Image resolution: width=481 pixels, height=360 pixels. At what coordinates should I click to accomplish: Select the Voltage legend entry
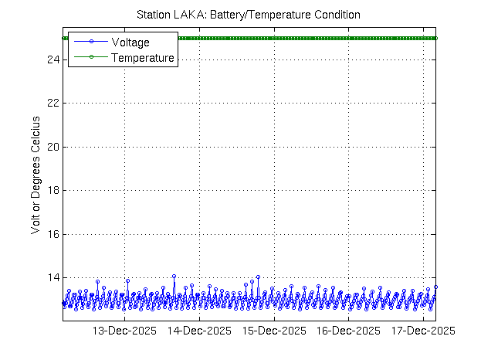point(130,42)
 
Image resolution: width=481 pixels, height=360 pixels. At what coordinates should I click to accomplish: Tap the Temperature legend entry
point(143,57)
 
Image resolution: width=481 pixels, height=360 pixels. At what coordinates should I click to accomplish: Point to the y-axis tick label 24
point(53,59)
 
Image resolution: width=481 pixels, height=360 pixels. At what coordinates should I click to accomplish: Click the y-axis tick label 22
point(53,103)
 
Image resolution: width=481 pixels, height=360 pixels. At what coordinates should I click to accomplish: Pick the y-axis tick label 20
point(53,147)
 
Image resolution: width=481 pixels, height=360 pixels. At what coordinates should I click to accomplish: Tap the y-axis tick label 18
point(53,190)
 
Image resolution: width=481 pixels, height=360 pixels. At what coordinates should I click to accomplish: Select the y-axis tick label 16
point(53,234)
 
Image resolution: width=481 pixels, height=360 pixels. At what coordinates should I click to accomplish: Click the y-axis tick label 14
point(53,277)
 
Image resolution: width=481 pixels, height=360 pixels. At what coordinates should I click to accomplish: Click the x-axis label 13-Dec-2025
point(125,331)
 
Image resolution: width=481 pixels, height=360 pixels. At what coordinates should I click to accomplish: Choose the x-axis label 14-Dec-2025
point(199,331)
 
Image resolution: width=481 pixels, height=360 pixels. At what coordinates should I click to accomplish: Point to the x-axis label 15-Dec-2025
point(274,331)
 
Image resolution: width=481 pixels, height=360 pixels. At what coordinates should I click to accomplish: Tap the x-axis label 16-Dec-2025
point(349,331)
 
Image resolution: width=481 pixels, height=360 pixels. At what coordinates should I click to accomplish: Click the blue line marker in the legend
point(90,42)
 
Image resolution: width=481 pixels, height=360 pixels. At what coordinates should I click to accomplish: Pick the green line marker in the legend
point(90,57)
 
